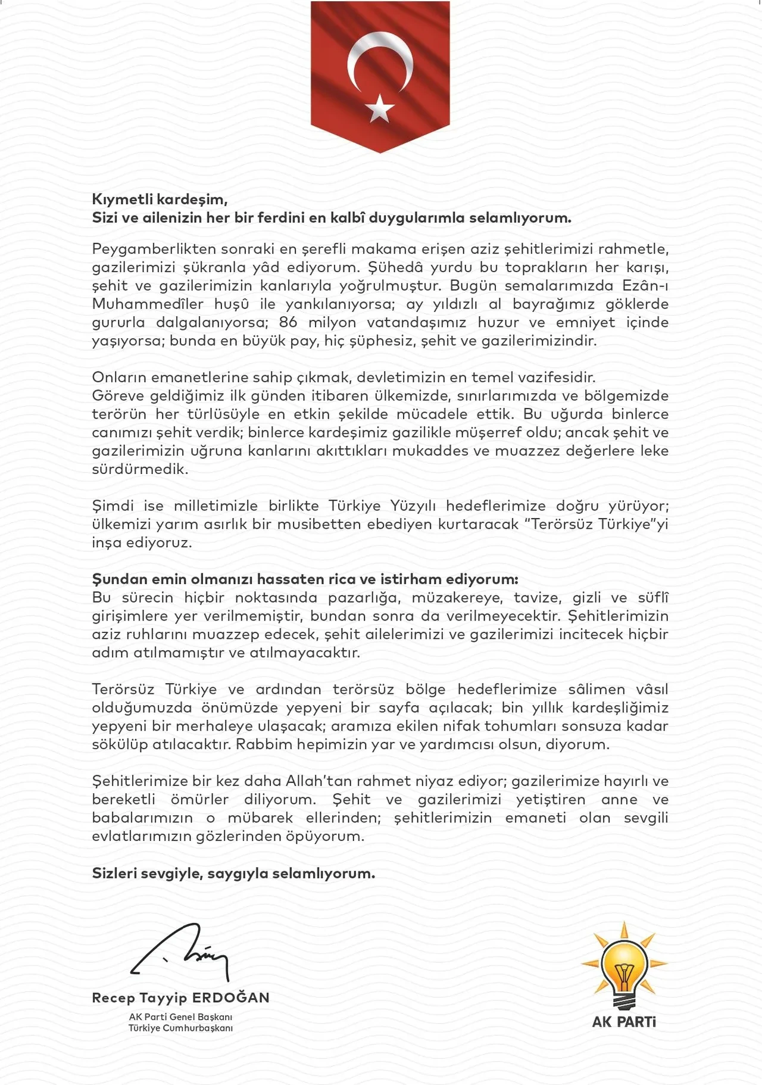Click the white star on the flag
click(379, 108)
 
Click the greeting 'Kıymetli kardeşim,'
click(160, 199)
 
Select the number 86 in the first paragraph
click(288, 322)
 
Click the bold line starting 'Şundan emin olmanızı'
click(305, 579)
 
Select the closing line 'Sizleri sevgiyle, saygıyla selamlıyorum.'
click(233, 873)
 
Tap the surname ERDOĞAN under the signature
click(231, 997)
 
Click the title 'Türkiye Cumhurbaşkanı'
click(180, 1028)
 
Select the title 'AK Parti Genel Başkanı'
click(180, 1017)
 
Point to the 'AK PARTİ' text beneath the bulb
click(624, 1022)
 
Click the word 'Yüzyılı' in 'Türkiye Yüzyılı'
click(413, 506)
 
